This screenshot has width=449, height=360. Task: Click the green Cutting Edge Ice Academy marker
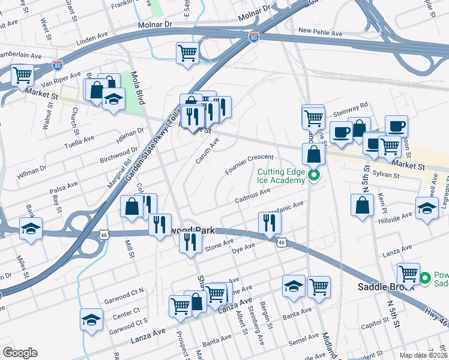tap(313, 176)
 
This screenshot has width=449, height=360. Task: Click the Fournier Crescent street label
tap(249, 164)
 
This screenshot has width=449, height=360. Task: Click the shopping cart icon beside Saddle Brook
tap(408, 273)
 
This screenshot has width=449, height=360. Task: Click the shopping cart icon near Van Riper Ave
tap(22, 76)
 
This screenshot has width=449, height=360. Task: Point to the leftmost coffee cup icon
tap(341, 132)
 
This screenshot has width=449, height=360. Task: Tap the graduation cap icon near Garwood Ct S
tap(91, 319)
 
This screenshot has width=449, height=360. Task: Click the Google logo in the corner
tap(19, 352)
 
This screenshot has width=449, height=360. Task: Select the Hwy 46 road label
tap(439, 307)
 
